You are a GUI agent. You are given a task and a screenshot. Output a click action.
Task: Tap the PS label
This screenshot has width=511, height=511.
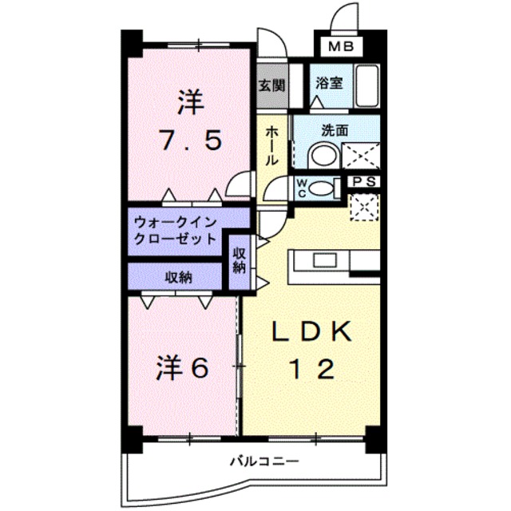[364, 182]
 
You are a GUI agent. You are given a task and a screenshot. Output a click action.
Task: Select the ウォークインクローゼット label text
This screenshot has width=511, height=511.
[176, 229]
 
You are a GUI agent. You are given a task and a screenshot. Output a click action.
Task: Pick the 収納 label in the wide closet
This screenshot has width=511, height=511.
[178, 277]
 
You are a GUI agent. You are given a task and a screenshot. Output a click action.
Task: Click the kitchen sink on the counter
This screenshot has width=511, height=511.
[324, 260]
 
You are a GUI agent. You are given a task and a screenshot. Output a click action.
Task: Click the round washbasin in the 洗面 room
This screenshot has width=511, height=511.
[323, 154]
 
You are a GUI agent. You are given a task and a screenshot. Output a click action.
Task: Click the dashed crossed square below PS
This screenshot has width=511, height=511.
[363, 208]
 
